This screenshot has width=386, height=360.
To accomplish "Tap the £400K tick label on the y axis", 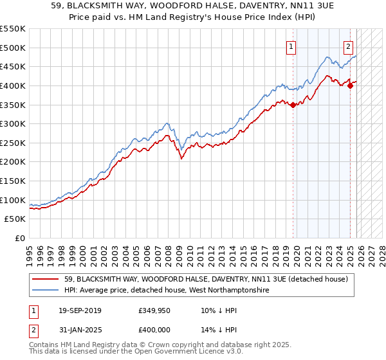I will coord(13,85).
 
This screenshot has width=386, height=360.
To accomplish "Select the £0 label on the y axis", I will coord(19,239).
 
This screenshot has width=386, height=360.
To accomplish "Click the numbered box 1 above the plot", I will coord(291,46).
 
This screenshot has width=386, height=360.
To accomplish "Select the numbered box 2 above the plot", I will coord(348,46).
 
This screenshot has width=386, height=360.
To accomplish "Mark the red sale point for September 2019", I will coord(293,105).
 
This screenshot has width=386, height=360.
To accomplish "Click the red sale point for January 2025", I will coord(350,86).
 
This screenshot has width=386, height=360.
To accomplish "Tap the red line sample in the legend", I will coord(46,279).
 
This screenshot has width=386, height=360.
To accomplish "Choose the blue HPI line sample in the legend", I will coord(46,291).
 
